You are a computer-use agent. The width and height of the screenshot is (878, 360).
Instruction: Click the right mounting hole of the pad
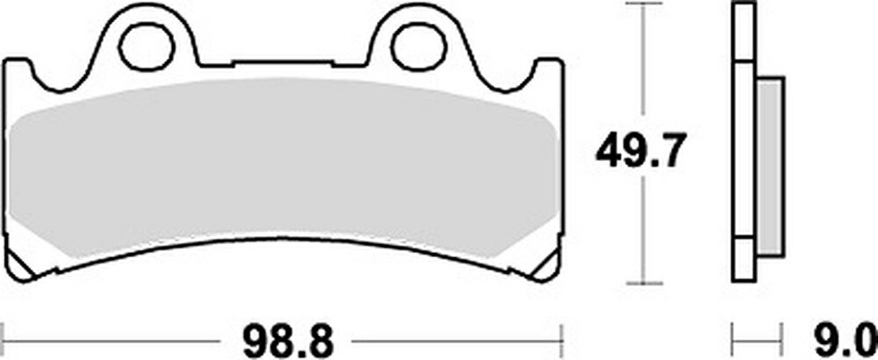click(413, 47)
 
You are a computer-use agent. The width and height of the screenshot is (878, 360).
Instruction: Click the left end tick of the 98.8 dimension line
click(5, 337)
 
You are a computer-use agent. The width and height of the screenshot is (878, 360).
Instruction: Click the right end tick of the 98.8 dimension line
click(561, 337)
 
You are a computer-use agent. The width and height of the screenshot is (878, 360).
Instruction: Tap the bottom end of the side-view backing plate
click(743, 279)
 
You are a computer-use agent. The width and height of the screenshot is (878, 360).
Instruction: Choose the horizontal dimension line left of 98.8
click(114, 337)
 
